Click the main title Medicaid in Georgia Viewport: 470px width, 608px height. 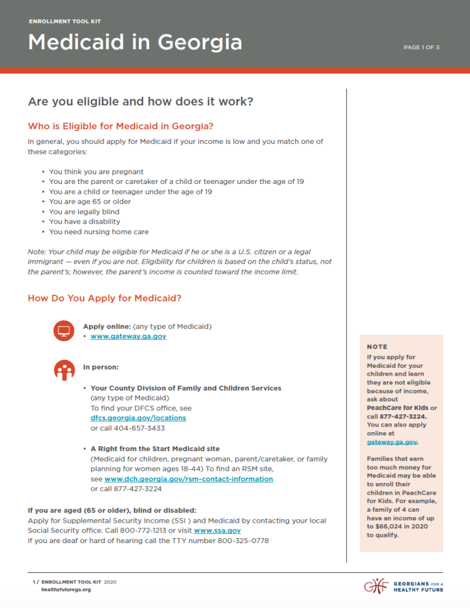pos(135,42)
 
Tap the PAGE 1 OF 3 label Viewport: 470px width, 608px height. pos(421,47)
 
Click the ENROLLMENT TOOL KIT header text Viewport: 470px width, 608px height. pos(64,21)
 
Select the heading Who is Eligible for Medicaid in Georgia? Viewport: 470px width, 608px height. pos(121,126)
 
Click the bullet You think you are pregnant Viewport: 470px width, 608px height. pos(96,172)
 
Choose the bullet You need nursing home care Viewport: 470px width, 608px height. pos(99,232)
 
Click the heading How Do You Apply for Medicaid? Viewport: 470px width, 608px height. pos(105,298)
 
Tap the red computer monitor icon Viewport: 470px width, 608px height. pos(63,331)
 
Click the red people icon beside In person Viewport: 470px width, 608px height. pos(63,370)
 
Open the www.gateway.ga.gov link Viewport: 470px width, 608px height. pos(128,336)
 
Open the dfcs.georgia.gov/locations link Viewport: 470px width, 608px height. pos(138,417)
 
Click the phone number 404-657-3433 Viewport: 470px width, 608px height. pos(132,428)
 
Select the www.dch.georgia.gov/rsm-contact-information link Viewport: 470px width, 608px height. pos(188,479)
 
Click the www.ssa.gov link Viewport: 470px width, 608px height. pos(217,530)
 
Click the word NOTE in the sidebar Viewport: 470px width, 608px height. pos(377,347)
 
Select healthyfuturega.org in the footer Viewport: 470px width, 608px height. pos(65,589)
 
